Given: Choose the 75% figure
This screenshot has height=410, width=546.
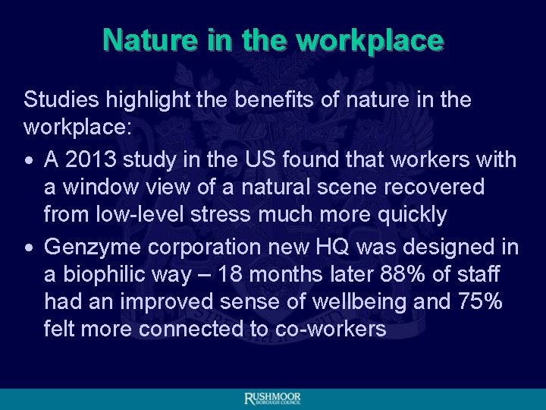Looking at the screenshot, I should (x=481, y=301).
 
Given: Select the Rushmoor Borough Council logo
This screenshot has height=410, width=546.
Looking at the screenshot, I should (x=272, y=399).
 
